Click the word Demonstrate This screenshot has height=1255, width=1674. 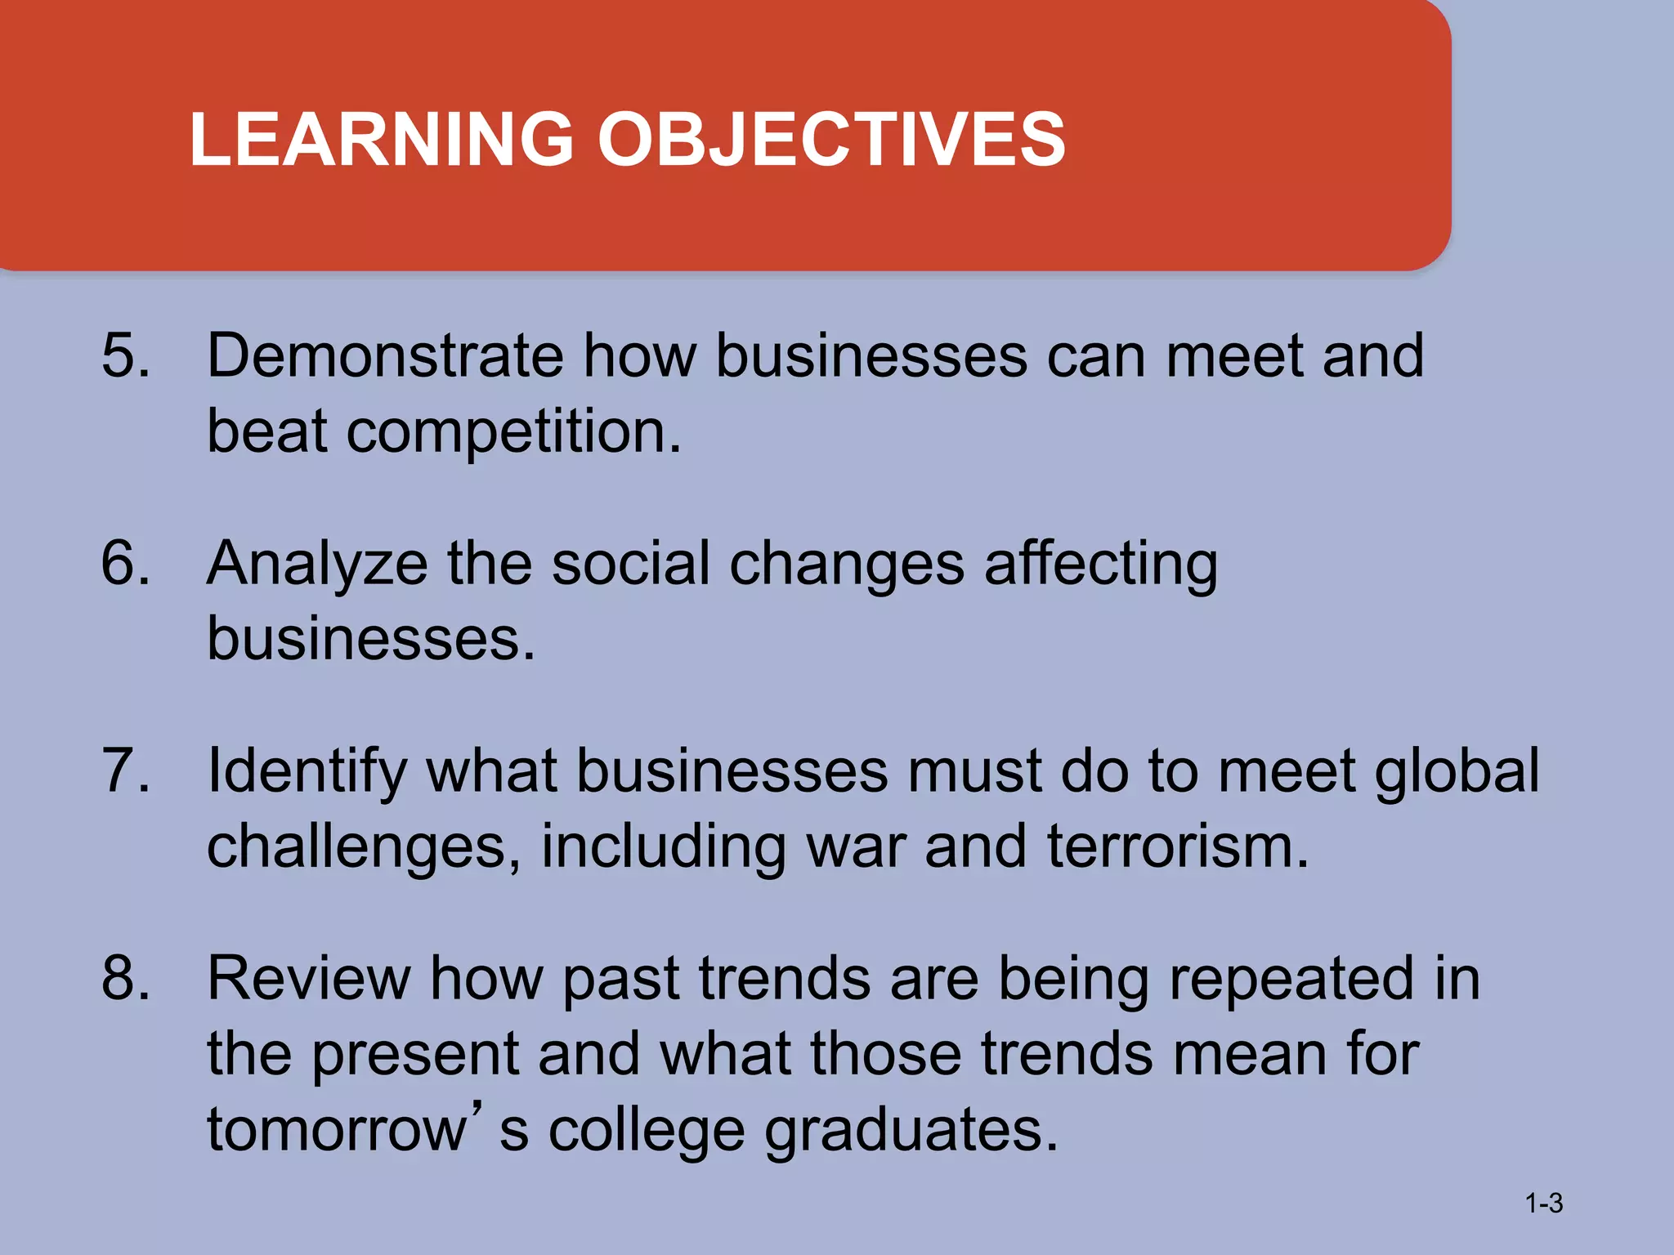[385, 355]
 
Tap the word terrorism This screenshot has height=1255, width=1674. [1178, 846]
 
